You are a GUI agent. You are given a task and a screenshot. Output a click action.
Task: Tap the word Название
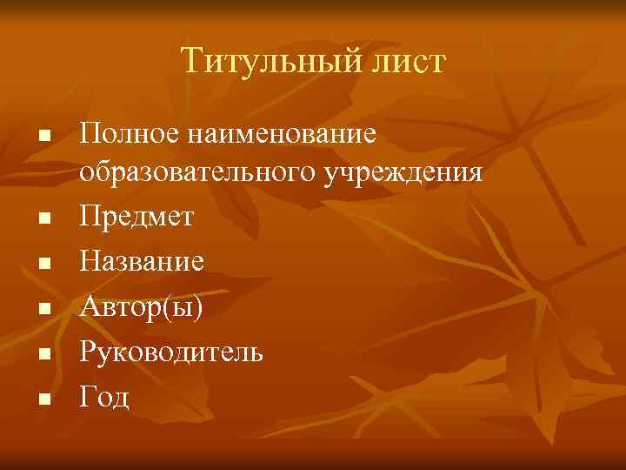tap(143, 261)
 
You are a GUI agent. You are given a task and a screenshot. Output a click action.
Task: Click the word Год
tap(104, 397)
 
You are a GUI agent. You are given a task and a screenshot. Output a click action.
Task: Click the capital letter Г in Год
tap(87, 397)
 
